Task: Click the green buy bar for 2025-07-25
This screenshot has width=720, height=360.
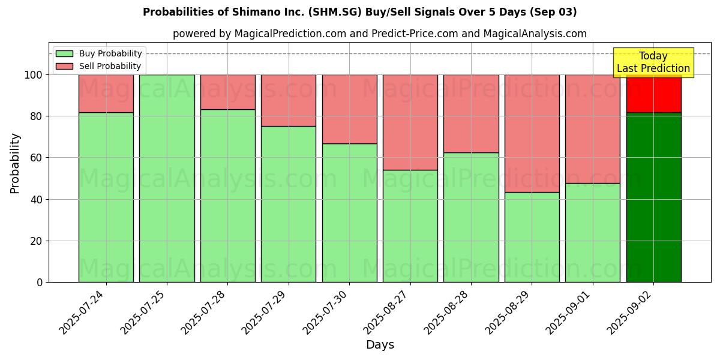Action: [x=167, y=178]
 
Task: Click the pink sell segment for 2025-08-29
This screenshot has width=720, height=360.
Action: [x=532, y=133]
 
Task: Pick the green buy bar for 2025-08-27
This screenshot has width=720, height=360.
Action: [x=410, y=226]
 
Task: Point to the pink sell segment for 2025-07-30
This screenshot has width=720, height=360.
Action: [x=349, y=109]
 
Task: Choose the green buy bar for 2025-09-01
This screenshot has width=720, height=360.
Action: [x=593, y=232]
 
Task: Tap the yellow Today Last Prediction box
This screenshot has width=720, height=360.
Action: [x=653, y=62]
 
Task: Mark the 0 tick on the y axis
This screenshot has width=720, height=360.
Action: [x=39, y=282]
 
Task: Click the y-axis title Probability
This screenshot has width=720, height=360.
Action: [x=15, y=163]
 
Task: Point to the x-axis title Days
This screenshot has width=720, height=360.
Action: [x=380, y=345]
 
